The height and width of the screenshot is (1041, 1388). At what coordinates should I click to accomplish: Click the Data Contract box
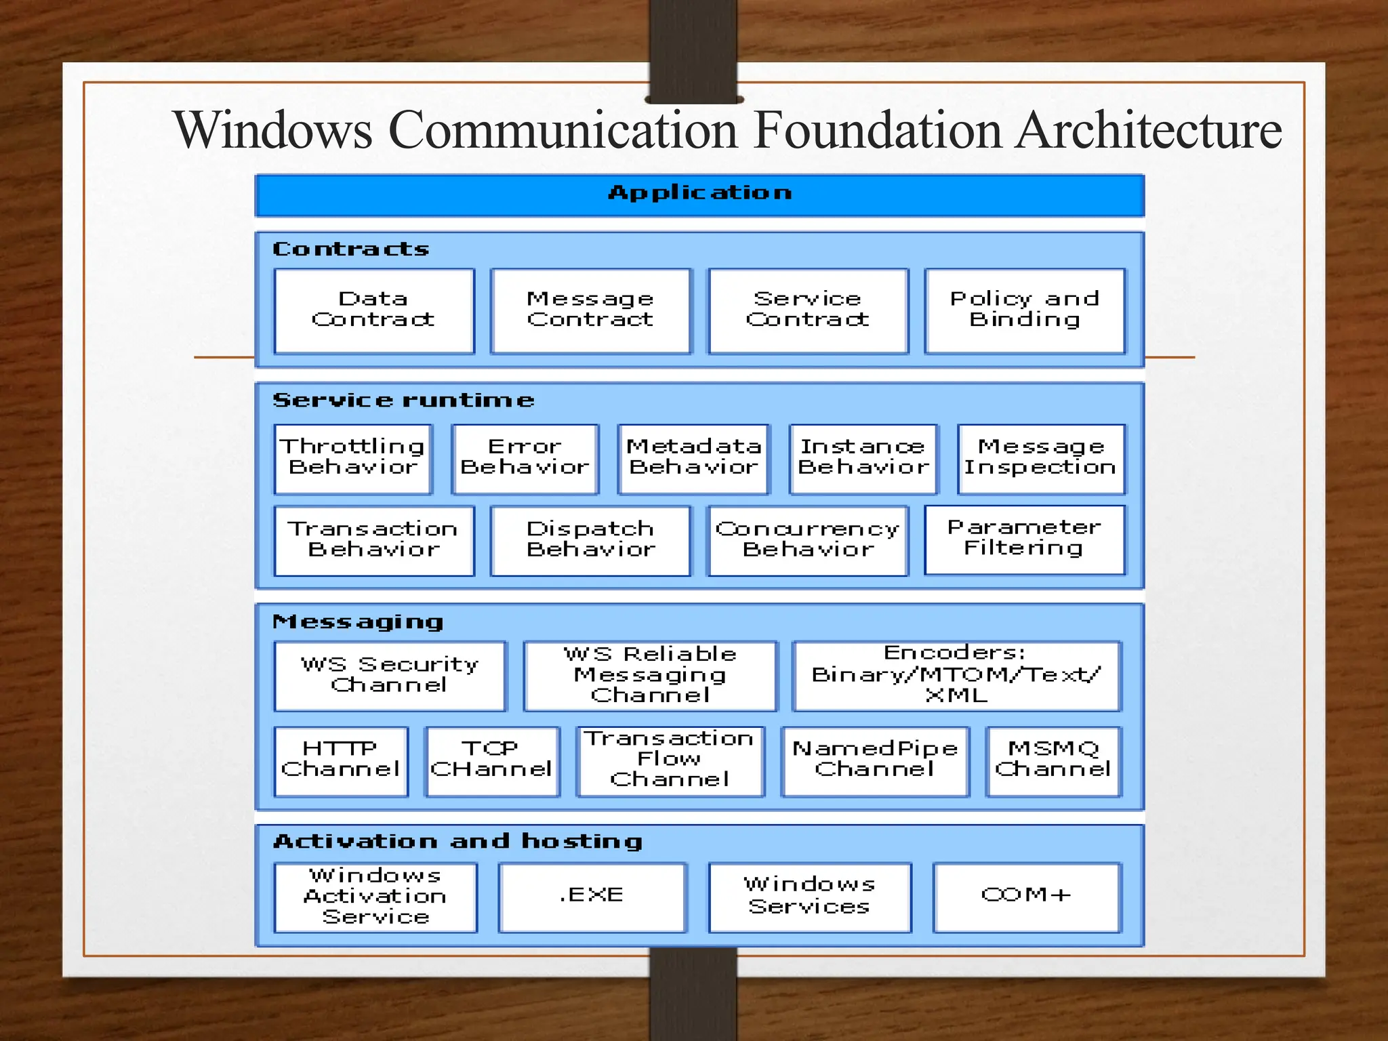click(374, 311)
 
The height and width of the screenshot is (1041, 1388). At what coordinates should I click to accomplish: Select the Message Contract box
click(591, 311)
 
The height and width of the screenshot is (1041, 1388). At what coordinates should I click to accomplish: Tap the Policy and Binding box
click(1025, 311)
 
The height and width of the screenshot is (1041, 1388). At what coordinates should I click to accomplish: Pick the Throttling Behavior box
click(353, 459)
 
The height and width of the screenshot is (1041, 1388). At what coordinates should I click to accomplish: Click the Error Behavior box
click(525, 459)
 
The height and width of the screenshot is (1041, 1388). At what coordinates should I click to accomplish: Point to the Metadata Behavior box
click(694, 459)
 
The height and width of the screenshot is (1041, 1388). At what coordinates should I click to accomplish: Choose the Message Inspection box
click(1041, 459)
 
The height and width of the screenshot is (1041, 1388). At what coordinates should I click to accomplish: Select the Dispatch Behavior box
click(591, 541)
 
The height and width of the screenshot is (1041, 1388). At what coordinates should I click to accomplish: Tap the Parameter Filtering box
click(1024, 539)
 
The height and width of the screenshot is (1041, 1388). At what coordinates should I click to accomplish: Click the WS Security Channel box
click(390, 676)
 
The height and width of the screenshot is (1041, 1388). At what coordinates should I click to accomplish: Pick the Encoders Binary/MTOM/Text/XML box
click(956, 676)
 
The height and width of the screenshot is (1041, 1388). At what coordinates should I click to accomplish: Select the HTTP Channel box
click(341, 761)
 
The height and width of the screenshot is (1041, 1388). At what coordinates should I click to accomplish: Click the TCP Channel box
click(492, 761)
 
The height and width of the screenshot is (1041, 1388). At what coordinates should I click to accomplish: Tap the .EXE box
click(592, 897)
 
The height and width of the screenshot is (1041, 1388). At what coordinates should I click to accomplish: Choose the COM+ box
click(1027, 897)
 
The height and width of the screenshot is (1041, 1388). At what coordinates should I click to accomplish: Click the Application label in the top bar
click(699, 193)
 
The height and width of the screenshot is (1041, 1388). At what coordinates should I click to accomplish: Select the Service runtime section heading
click(403, 401)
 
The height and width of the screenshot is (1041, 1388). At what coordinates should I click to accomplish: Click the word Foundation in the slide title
click(878, 130)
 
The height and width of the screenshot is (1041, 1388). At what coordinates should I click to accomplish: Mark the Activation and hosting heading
click(457, 842)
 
